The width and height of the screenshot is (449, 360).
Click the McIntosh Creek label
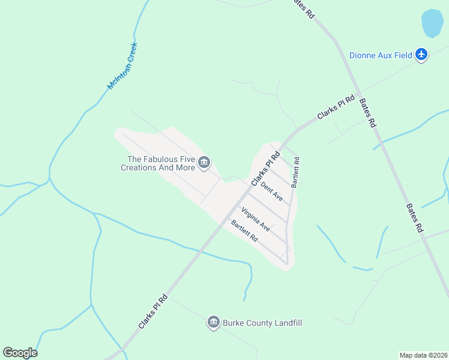tap(122, 66)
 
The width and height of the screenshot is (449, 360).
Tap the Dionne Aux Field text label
tap(381, 55)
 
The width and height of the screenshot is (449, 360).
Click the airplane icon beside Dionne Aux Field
tap(421, 55)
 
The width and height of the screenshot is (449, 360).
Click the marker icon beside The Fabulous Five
tap(204, 162)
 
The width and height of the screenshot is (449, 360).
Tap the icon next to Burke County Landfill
tap(213, 323)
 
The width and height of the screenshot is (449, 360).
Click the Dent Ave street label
tap(273, 191)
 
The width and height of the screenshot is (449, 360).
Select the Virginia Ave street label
tap(256, 219)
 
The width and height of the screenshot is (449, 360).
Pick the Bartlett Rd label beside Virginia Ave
tap(244, 231)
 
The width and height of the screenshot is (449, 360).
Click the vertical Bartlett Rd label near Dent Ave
tap(295, 173)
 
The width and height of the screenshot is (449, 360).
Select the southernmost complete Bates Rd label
tap(415, 217)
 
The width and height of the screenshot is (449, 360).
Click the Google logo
tap(20, 353)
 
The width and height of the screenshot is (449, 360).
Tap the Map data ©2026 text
tap(423, 355)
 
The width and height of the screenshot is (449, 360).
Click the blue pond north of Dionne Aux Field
tap(432, 23)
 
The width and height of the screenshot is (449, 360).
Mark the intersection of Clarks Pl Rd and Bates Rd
tap(358, 94)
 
